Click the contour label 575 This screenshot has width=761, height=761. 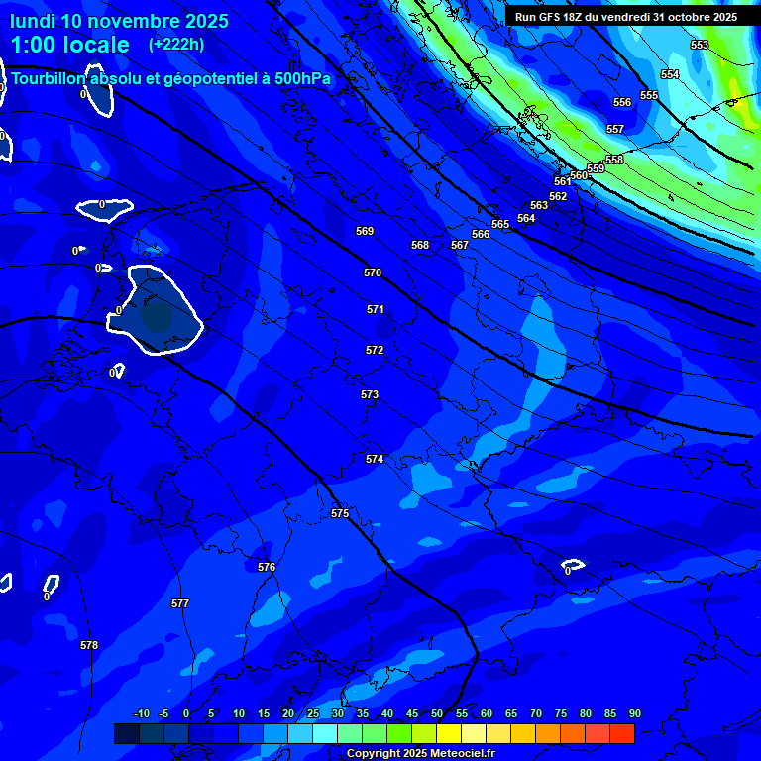tap(340, 513)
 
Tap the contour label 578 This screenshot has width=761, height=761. tap(89, 645)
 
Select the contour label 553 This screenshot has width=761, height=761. tap(700, 45)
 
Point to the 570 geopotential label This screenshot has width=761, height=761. tap(373, 272)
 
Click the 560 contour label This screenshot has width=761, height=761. tap(579, 175)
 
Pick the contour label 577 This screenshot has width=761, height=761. tap(179, 603)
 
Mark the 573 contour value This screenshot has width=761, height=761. tap(370, 394)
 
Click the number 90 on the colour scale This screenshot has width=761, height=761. tap(634, 714)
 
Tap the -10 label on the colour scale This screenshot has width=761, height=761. tap(141, 714)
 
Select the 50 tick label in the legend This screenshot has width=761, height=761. tap(437, 714)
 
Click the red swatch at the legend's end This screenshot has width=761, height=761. tap(621, 733)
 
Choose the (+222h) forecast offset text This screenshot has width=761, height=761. tap(176, 44)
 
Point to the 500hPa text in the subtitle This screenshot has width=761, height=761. tap(302, 78)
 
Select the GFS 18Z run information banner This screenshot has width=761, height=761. tap(626, 17)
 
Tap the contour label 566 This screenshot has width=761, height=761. tap(481, 234)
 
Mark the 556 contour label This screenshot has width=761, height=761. tap(622, 102)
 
